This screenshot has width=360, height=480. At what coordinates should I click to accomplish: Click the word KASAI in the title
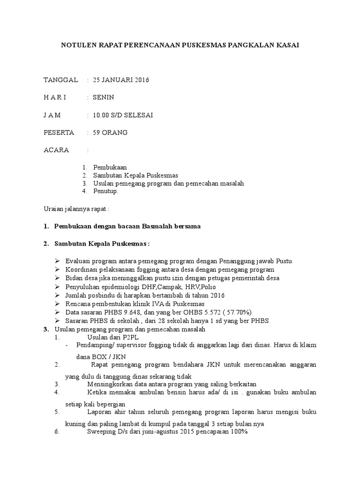[x=287, y=45]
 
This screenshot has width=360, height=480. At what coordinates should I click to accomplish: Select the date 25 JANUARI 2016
[x=121, y=80]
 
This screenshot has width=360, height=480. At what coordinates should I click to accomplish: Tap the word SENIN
[x=103, y=97]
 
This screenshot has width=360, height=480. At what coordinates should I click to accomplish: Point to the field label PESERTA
[x=59, y=133]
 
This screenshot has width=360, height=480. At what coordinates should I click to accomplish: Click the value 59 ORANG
[x=110, y=133]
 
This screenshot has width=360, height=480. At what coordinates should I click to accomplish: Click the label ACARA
[x=56, y=150]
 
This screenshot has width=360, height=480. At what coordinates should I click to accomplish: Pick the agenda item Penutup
[x=106, y=191]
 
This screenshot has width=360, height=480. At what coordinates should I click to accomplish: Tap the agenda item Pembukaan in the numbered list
[x=110, y=167]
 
